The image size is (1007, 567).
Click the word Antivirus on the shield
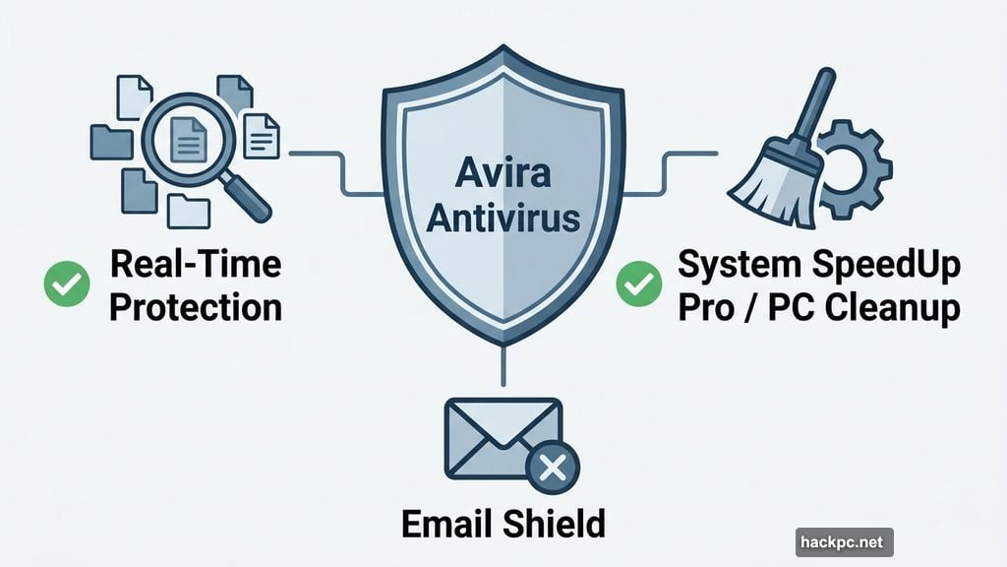pos(503,220)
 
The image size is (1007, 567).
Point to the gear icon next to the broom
pos(854,169)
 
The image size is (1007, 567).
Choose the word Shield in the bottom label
pos(557,524)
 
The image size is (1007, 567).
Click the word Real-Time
pos(195,266)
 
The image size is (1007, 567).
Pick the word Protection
pos(195,307)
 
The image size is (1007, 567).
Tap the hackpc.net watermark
pos(844,542)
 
